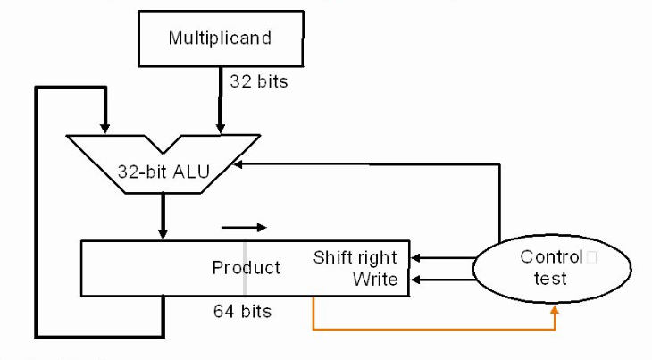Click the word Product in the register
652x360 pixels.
[246, 268]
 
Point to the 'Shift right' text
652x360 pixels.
[355, 258]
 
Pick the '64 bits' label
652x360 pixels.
[242, 312]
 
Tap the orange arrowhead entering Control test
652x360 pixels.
[556, 310]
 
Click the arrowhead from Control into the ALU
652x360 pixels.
[238, 164]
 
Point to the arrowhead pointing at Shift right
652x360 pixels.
[416, 258]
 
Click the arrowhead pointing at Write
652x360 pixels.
[416, 280]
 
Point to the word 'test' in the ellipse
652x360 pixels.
[551, 279]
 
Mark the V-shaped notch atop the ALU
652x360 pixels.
[164, 143]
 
